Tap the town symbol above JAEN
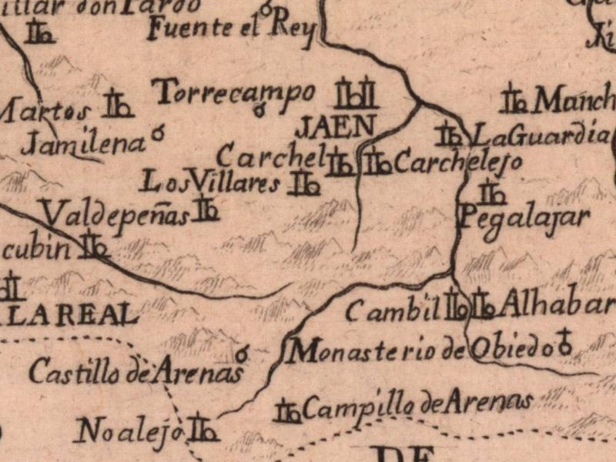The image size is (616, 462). coord(356,95)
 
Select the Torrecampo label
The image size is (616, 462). coord(235,93)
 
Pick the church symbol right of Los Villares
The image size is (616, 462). coord(304,183)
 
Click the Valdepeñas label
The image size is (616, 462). coord(115,215)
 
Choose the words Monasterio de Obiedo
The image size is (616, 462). coord(420,350)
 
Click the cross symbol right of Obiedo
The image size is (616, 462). coord(566,342)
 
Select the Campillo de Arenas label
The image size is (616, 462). coord(417,406)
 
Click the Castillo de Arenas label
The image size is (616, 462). coord(136,373)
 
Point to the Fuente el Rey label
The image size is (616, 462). coord(232,30)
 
